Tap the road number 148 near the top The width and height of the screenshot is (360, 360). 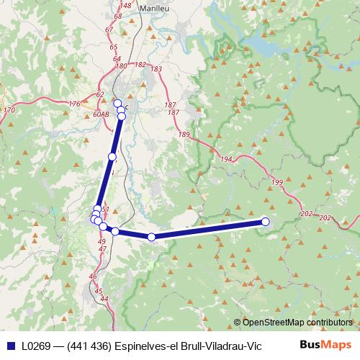(x=126, y=5)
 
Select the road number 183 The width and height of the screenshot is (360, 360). (x=156, y=69)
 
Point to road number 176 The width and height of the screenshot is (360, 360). (x=75, y=104)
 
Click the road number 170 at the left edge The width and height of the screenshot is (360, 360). (x=9, y=110)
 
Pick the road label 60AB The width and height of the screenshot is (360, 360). (x=101, y=114)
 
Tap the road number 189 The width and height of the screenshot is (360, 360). (x=184, y=135)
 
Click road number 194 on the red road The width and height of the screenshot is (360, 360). (x=227, y=158)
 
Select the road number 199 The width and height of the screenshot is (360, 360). (x=277, y=184)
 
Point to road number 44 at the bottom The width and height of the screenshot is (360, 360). (x=104, y=298)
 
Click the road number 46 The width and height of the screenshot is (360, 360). (x=93, y=276)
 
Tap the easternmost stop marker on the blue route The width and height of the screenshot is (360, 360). (x=265, y=222)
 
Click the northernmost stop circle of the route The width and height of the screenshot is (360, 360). (x=117, y=103)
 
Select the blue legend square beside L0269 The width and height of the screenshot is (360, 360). (x=9, y=346)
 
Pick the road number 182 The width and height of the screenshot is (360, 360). (x=140, y=65)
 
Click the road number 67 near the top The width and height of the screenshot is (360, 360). (x=109, y=29)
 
